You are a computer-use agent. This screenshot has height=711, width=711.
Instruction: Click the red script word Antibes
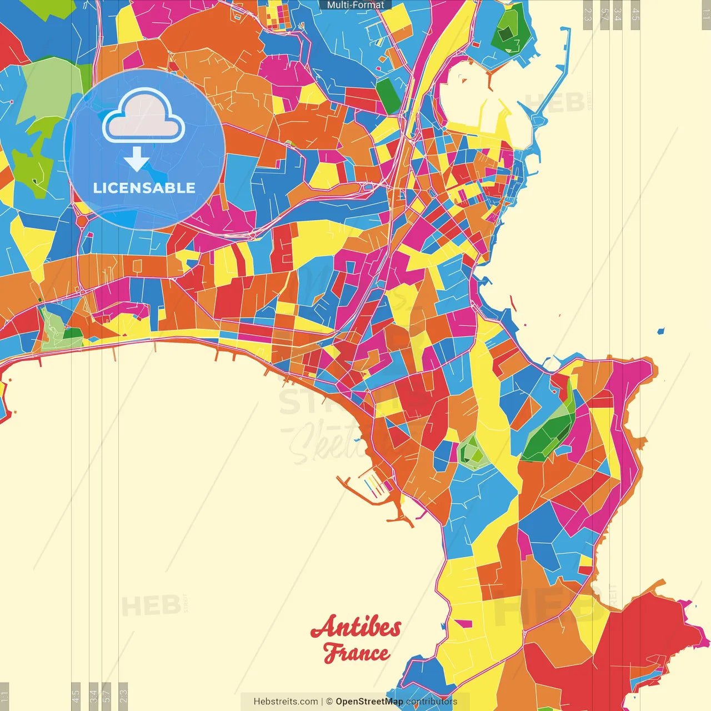355,628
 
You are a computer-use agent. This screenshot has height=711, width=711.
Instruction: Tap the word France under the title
356,653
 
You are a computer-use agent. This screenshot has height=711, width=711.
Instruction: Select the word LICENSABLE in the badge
144,188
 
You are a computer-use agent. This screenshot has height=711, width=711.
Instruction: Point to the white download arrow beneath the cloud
137,159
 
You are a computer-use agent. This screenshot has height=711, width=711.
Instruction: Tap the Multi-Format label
355,5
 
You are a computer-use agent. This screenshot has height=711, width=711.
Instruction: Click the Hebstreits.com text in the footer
286,702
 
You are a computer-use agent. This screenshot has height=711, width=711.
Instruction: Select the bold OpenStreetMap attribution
369,702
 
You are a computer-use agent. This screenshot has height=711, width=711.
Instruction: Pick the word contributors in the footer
432,702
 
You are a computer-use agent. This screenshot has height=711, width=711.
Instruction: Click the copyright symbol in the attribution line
329,702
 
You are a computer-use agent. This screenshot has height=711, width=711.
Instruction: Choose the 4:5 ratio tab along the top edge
635,14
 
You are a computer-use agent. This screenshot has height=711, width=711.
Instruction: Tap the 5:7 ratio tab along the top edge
604,14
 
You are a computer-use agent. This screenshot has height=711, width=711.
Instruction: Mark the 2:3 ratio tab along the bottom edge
123,696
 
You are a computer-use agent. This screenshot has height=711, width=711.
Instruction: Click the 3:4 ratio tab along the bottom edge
93,696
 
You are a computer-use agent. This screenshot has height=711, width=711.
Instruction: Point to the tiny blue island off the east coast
660,332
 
